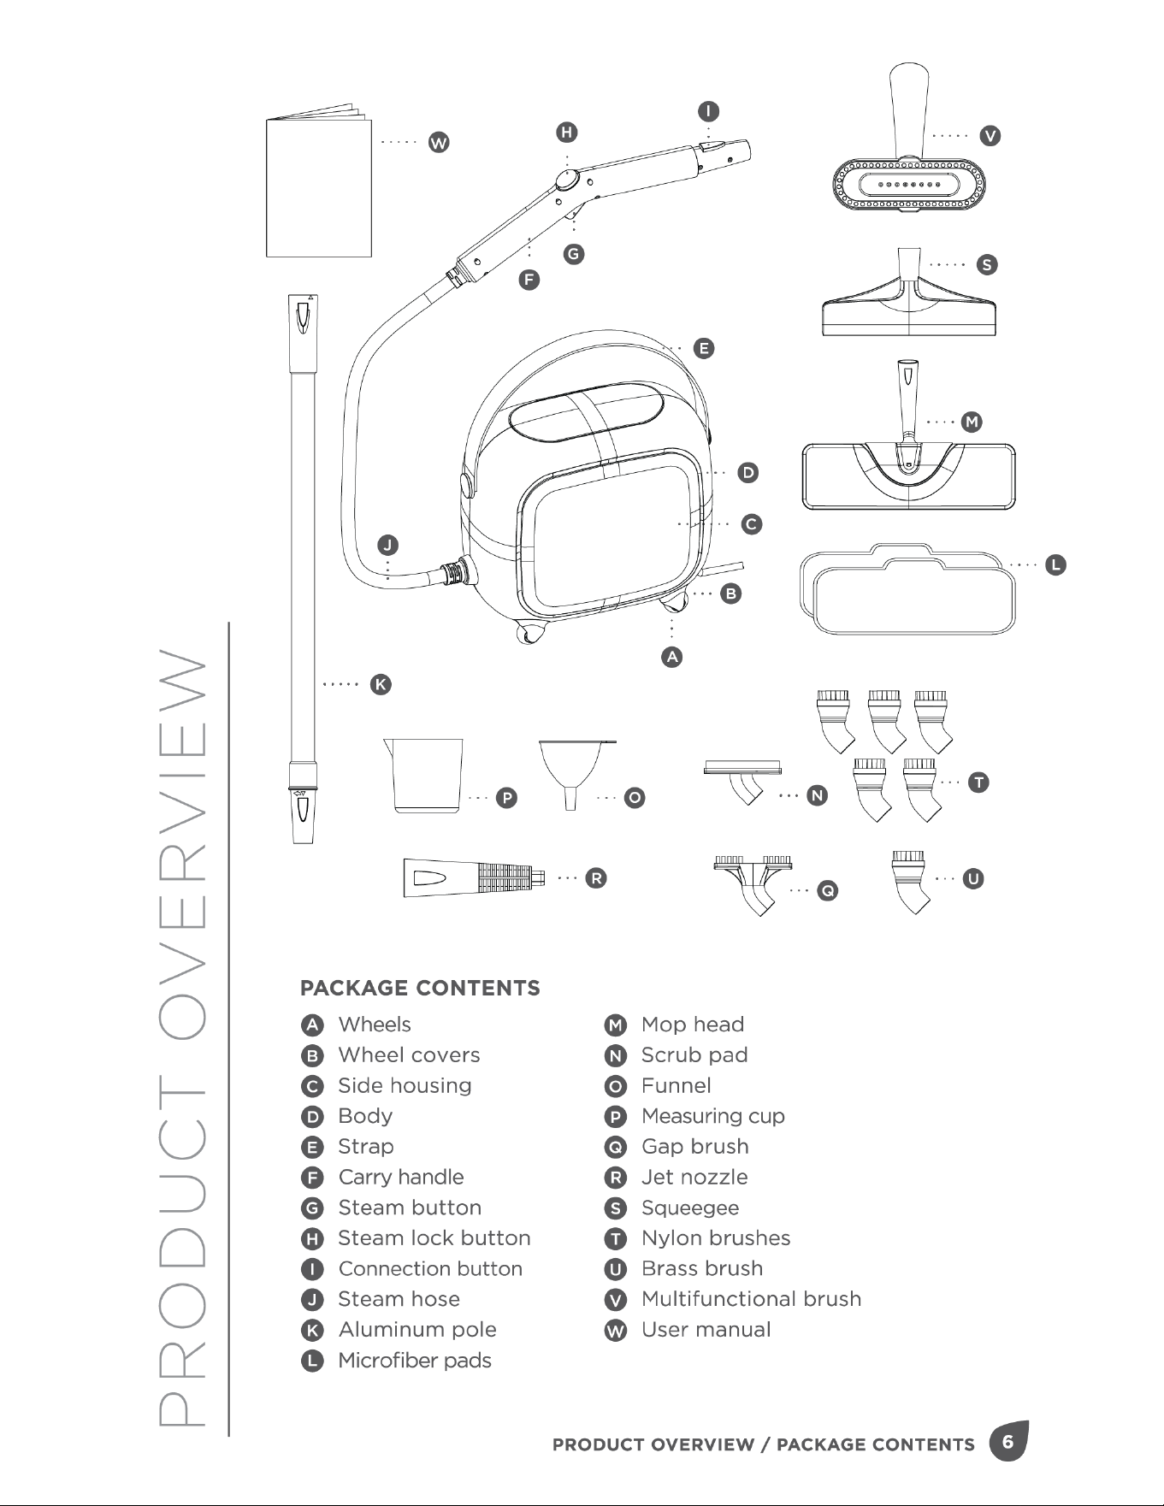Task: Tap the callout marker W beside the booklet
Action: click(x=439, y=143)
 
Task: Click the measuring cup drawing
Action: click(x=424, y=775)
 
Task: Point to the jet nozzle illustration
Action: click(x=475, y=877)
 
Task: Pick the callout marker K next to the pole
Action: click(x=381, y=684)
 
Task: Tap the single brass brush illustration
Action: click(x=910, y=882)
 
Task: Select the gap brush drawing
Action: click(x=753, y=884)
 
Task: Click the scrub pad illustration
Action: click(x=742, y=781)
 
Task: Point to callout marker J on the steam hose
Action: click(x=387, y=545)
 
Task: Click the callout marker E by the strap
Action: click(x=703, y=348)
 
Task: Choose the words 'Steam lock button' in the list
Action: click(x=434, y=1238)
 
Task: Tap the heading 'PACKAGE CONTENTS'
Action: click(x=420, y=989)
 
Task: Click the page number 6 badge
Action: click(x=1008, y=1442)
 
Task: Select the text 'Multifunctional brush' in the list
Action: click(x=752, y=1299)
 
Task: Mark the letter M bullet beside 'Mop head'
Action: click(x=615, y=1025)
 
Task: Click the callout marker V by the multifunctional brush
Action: click(x=990, y=136)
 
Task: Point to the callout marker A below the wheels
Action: click(x=672, y=657)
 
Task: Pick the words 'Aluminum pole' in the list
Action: click(x=417, y=1330)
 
